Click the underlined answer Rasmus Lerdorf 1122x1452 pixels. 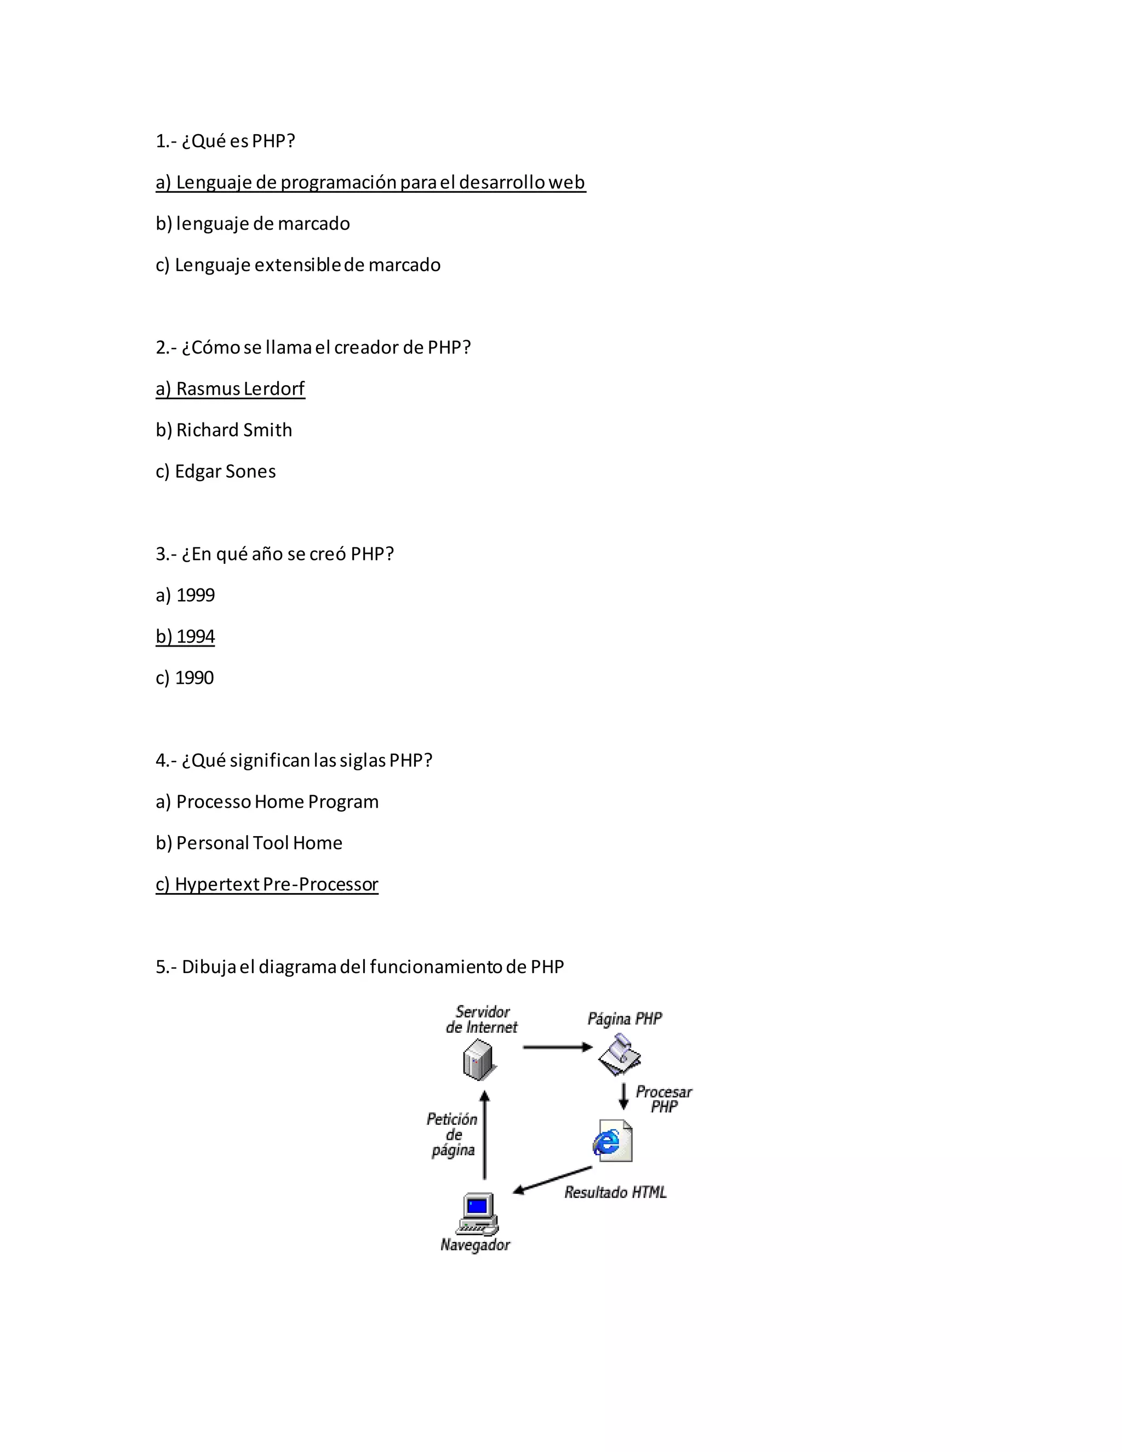point(230,389)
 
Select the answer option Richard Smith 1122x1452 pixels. point(224,430)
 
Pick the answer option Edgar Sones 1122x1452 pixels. point(215,471)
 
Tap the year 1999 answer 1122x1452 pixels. point(185,595)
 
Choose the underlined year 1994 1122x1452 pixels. point(185,636)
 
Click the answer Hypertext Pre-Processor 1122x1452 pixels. point(267,884)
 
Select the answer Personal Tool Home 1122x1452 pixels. point(249,843)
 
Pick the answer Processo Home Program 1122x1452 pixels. point(267,802)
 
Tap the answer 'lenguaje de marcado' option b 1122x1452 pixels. point(253,224)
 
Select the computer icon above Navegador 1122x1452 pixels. point(477,1215)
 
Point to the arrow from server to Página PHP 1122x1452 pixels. point(557,1047)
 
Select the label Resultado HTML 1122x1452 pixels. point(615,1192)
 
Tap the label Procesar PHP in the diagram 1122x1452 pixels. point(663,1099)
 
